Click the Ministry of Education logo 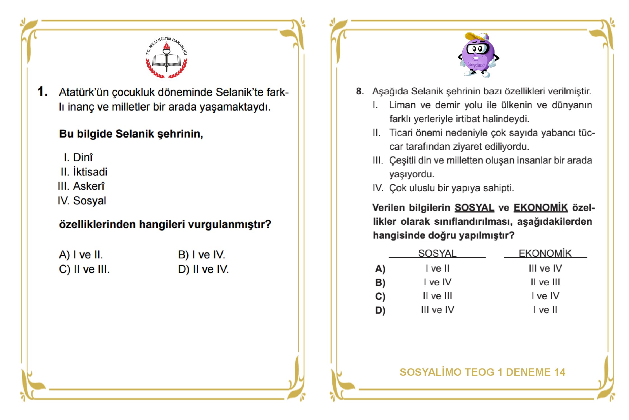[167, 58]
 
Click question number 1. [42, 92]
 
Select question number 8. [360, 91]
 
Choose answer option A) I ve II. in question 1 [81, 255]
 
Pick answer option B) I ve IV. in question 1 [201, 255]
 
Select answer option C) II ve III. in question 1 [84, 269]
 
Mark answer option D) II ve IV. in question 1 [203, 269]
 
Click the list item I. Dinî [78, 158]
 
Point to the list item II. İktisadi [84, 172]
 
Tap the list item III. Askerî [81, 186]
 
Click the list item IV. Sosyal [82, 201]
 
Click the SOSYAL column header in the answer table [437, 253]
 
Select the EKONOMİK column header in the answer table [545, 253]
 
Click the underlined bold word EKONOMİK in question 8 [541, 208]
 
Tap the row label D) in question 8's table [380, 310]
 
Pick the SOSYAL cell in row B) [438, 282]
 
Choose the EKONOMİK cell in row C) [545, 296]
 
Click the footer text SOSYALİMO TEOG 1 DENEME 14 [482, 372]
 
